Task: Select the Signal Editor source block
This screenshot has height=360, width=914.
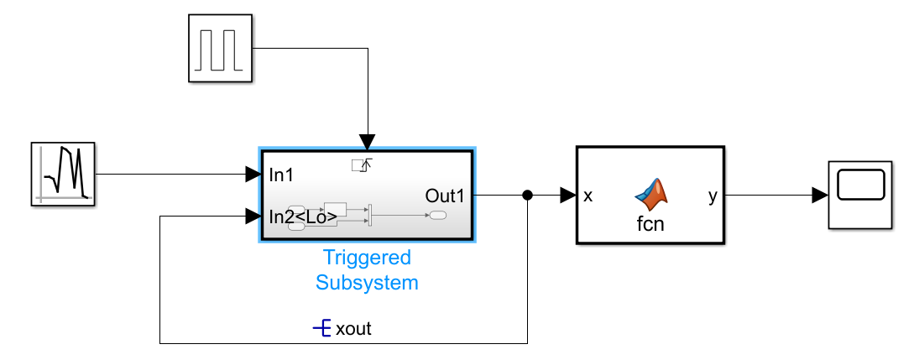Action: point(65,175)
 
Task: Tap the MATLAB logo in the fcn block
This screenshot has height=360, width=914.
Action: point(654,194)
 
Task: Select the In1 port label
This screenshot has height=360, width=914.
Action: point(281,175)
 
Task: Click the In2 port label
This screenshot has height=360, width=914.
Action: point(281,217)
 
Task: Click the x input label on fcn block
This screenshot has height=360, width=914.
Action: point(588,196)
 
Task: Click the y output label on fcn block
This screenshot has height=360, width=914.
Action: point(713,196)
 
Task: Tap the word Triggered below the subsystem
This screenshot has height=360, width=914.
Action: point(367,258)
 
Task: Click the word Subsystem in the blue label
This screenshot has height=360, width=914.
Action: point(367,283)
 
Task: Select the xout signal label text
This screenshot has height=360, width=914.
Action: point(353,329)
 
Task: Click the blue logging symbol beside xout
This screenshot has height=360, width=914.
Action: point(322,328)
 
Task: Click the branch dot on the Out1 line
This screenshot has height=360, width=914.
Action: point(527,196)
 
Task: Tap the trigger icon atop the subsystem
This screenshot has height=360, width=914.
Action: point(362,164)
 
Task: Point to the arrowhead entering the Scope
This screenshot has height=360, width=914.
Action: point(819,196)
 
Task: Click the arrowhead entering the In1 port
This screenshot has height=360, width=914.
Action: point(253,175)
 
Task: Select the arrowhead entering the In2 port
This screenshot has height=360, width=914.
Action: point(253,217)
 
